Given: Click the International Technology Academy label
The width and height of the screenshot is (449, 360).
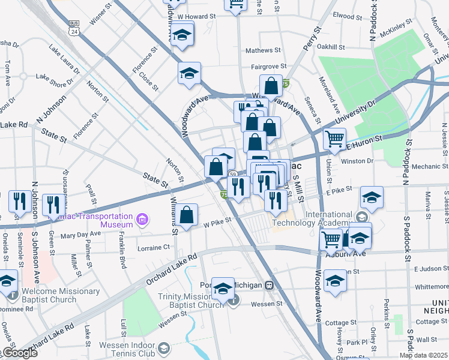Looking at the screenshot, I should [312, 219].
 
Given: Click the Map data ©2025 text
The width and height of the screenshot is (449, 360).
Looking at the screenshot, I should [423, 355].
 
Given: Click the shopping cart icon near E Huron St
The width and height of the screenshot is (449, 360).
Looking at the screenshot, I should [334, 139].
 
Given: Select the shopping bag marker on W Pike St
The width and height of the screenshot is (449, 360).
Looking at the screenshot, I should [187, 214].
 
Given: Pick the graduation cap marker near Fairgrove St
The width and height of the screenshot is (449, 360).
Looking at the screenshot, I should [189, 74].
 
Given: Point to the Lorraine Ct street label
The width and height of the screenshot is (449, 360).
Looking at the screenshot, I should [154, 247].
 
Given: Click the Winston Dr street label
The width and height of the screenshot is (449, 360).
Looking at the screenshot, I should [357, 161].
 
